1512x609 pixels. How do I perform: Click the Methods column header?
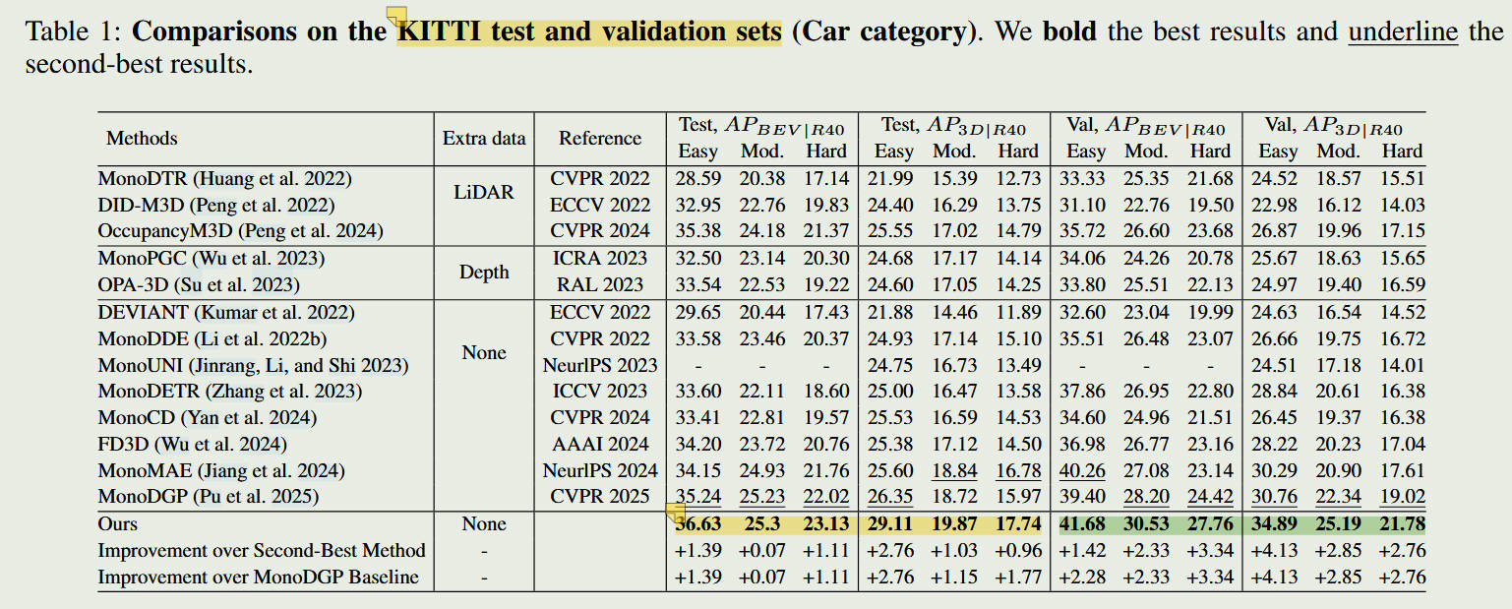coord(142,139)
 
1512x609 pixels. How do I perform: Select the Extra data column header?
coord(484,139)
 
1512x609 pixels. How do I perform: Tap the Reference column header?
coord(600,139)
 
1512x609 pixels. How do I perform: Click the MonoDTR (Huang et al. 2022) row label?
coord(224,178)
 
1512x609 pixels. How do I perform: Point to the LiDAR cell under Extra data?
coord(484,192)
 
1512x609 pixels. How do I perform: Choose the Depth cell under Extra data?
coord(484,272)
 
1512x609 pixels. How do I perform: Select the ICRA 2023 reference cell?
coord(600,258)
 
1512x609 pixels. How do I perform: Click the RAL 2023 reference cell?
coord(600,284)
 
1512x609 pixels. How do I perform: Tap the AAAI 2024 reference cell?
coord(600,444)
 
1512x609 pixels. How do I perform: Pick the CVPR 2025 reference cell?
coord(600,497)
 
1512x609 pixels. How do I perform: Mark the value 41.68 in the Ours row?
coord(1086,524)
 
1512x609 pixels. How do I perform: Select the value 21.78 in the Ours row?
coord(1402,524)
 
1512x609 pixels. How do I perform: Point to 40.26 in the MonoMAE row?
coord(1086,470)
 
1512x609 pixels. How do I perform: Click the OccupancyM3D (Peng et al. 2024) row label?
coord(240,231)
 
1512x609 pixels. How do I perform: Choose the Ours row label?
coord(118,524)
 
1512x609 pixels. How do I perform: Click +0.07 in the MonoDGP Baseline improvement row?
coord(762,578)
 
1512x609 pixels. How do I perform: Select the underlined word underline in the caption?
coord(1403,30)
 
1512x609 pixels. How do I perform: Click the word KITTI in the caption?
coord(433,30)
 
